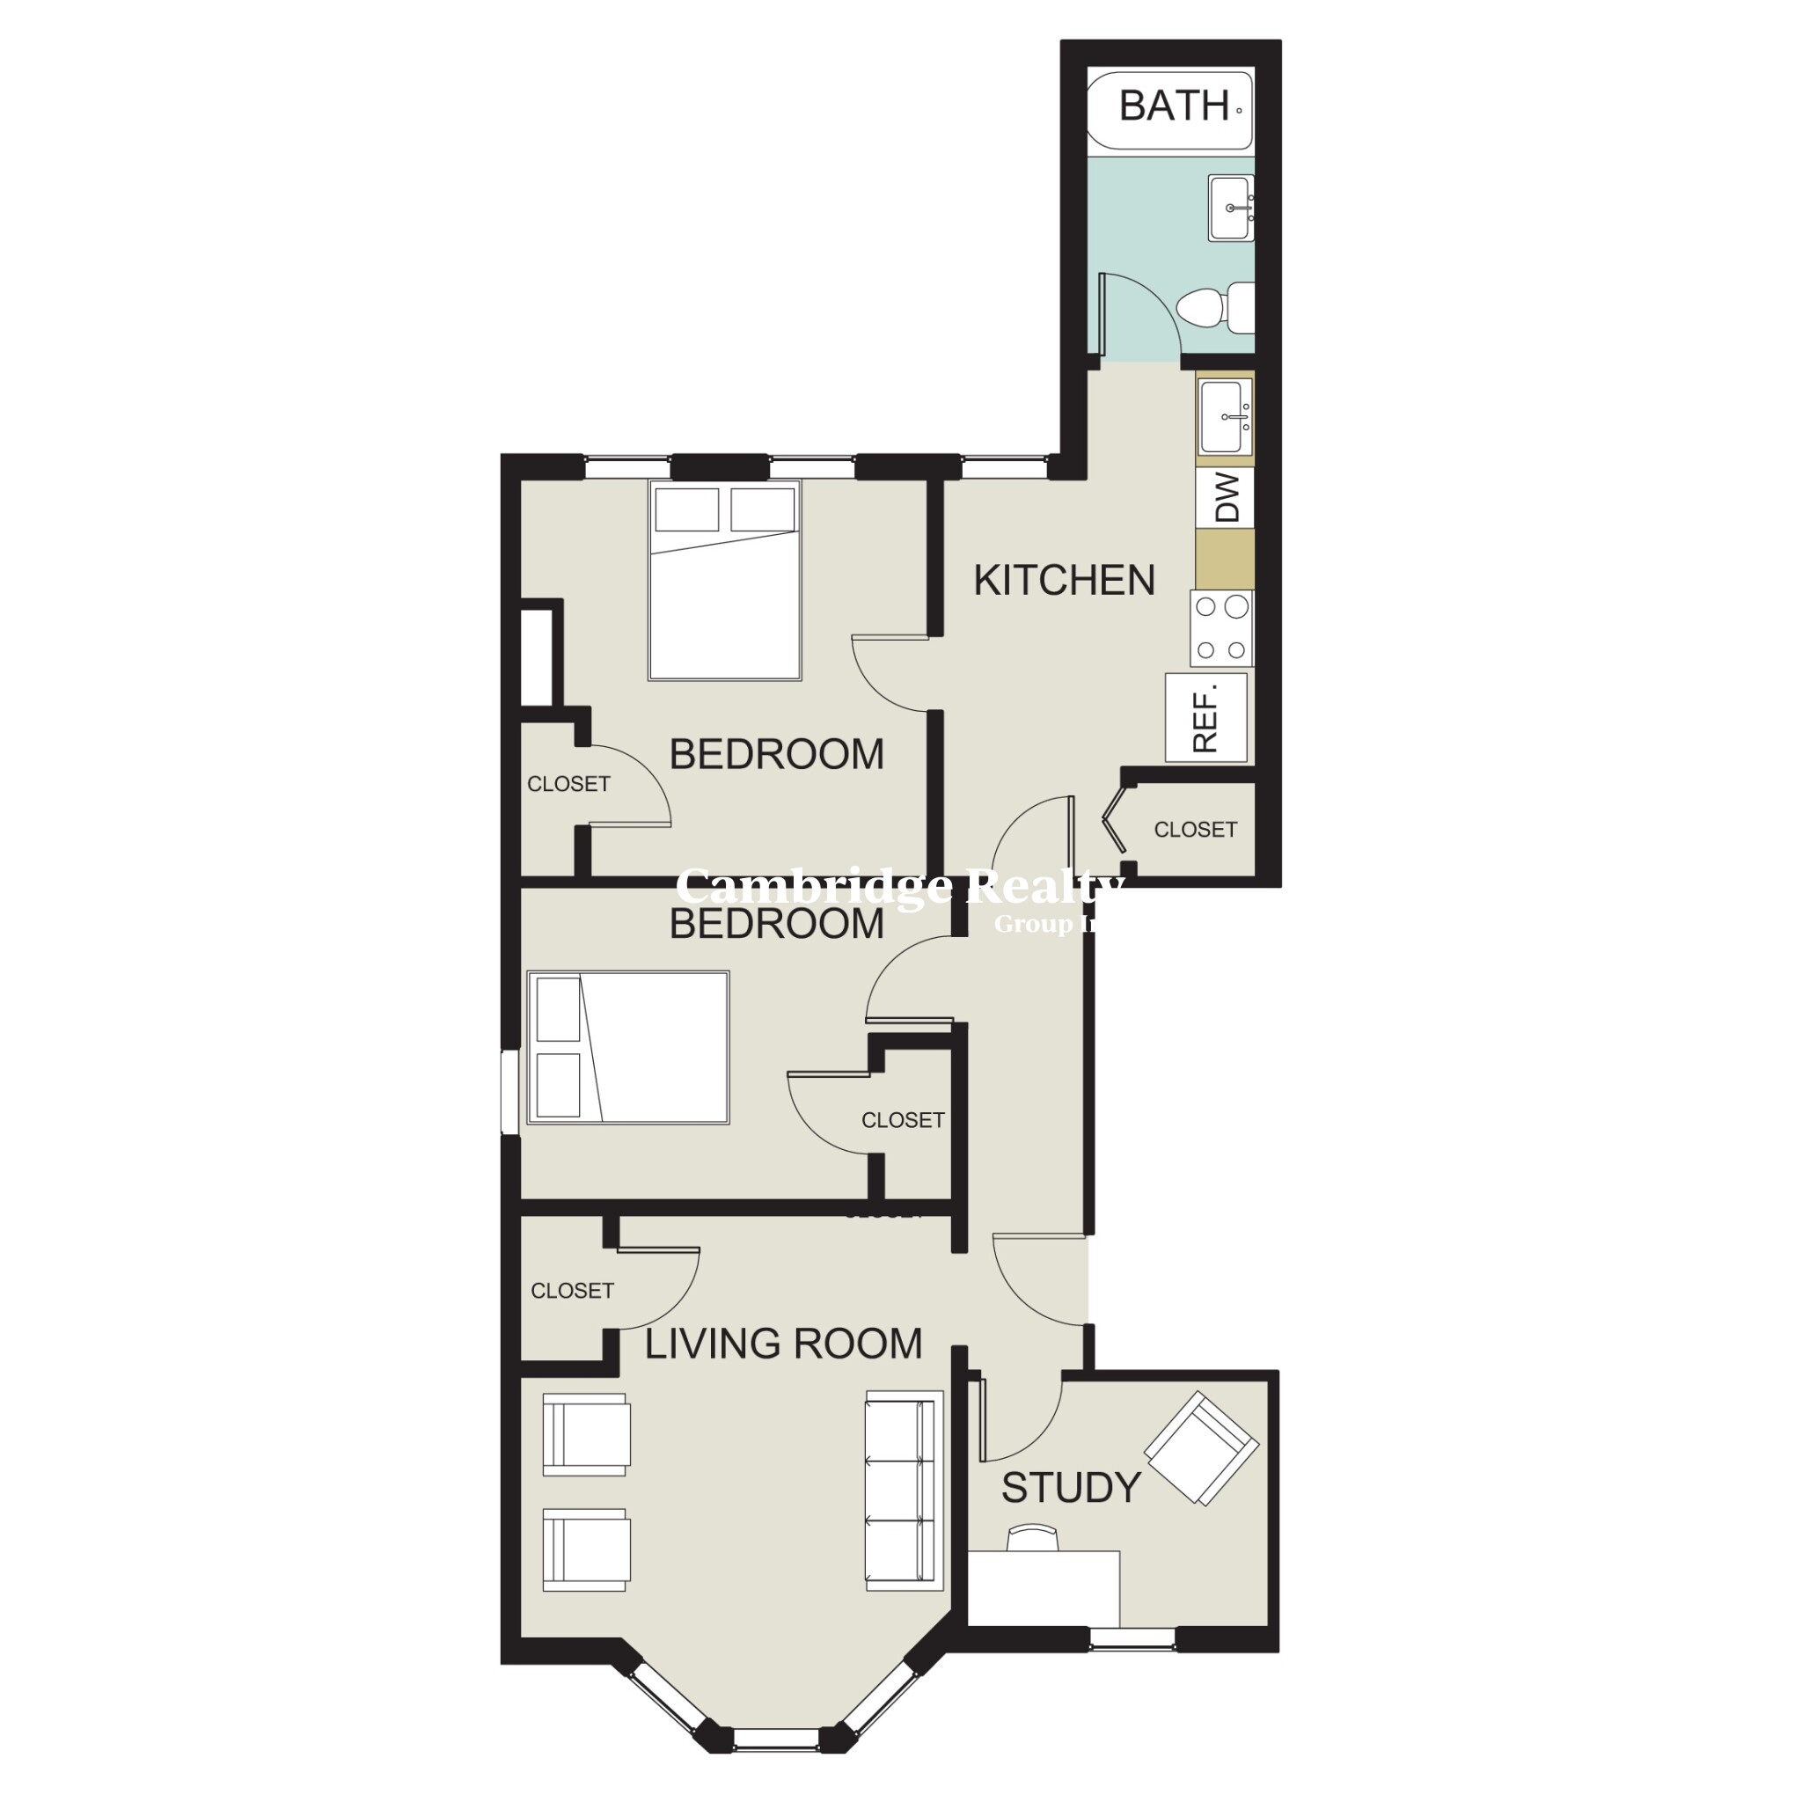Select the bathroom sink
point(1230,207)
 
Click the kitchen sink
point(1224,417)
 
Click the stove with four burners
point(1221,628)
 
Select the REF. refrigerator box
point(1206,717)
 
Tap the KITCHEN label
point(1065,580)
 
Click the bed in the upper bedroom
point(725,580)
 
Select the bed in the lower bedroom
point(627,1046)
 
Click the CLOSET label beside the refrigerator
point(1195,829)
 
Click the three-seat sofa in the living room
point(903,1491)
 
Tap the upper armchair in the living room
point(586,1434)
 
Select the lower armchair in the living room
point(586,1549)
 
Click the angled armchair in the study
point(1201,1447)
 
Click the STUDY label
point(1071,1488)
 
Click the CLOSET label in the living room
point(572,1291)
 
